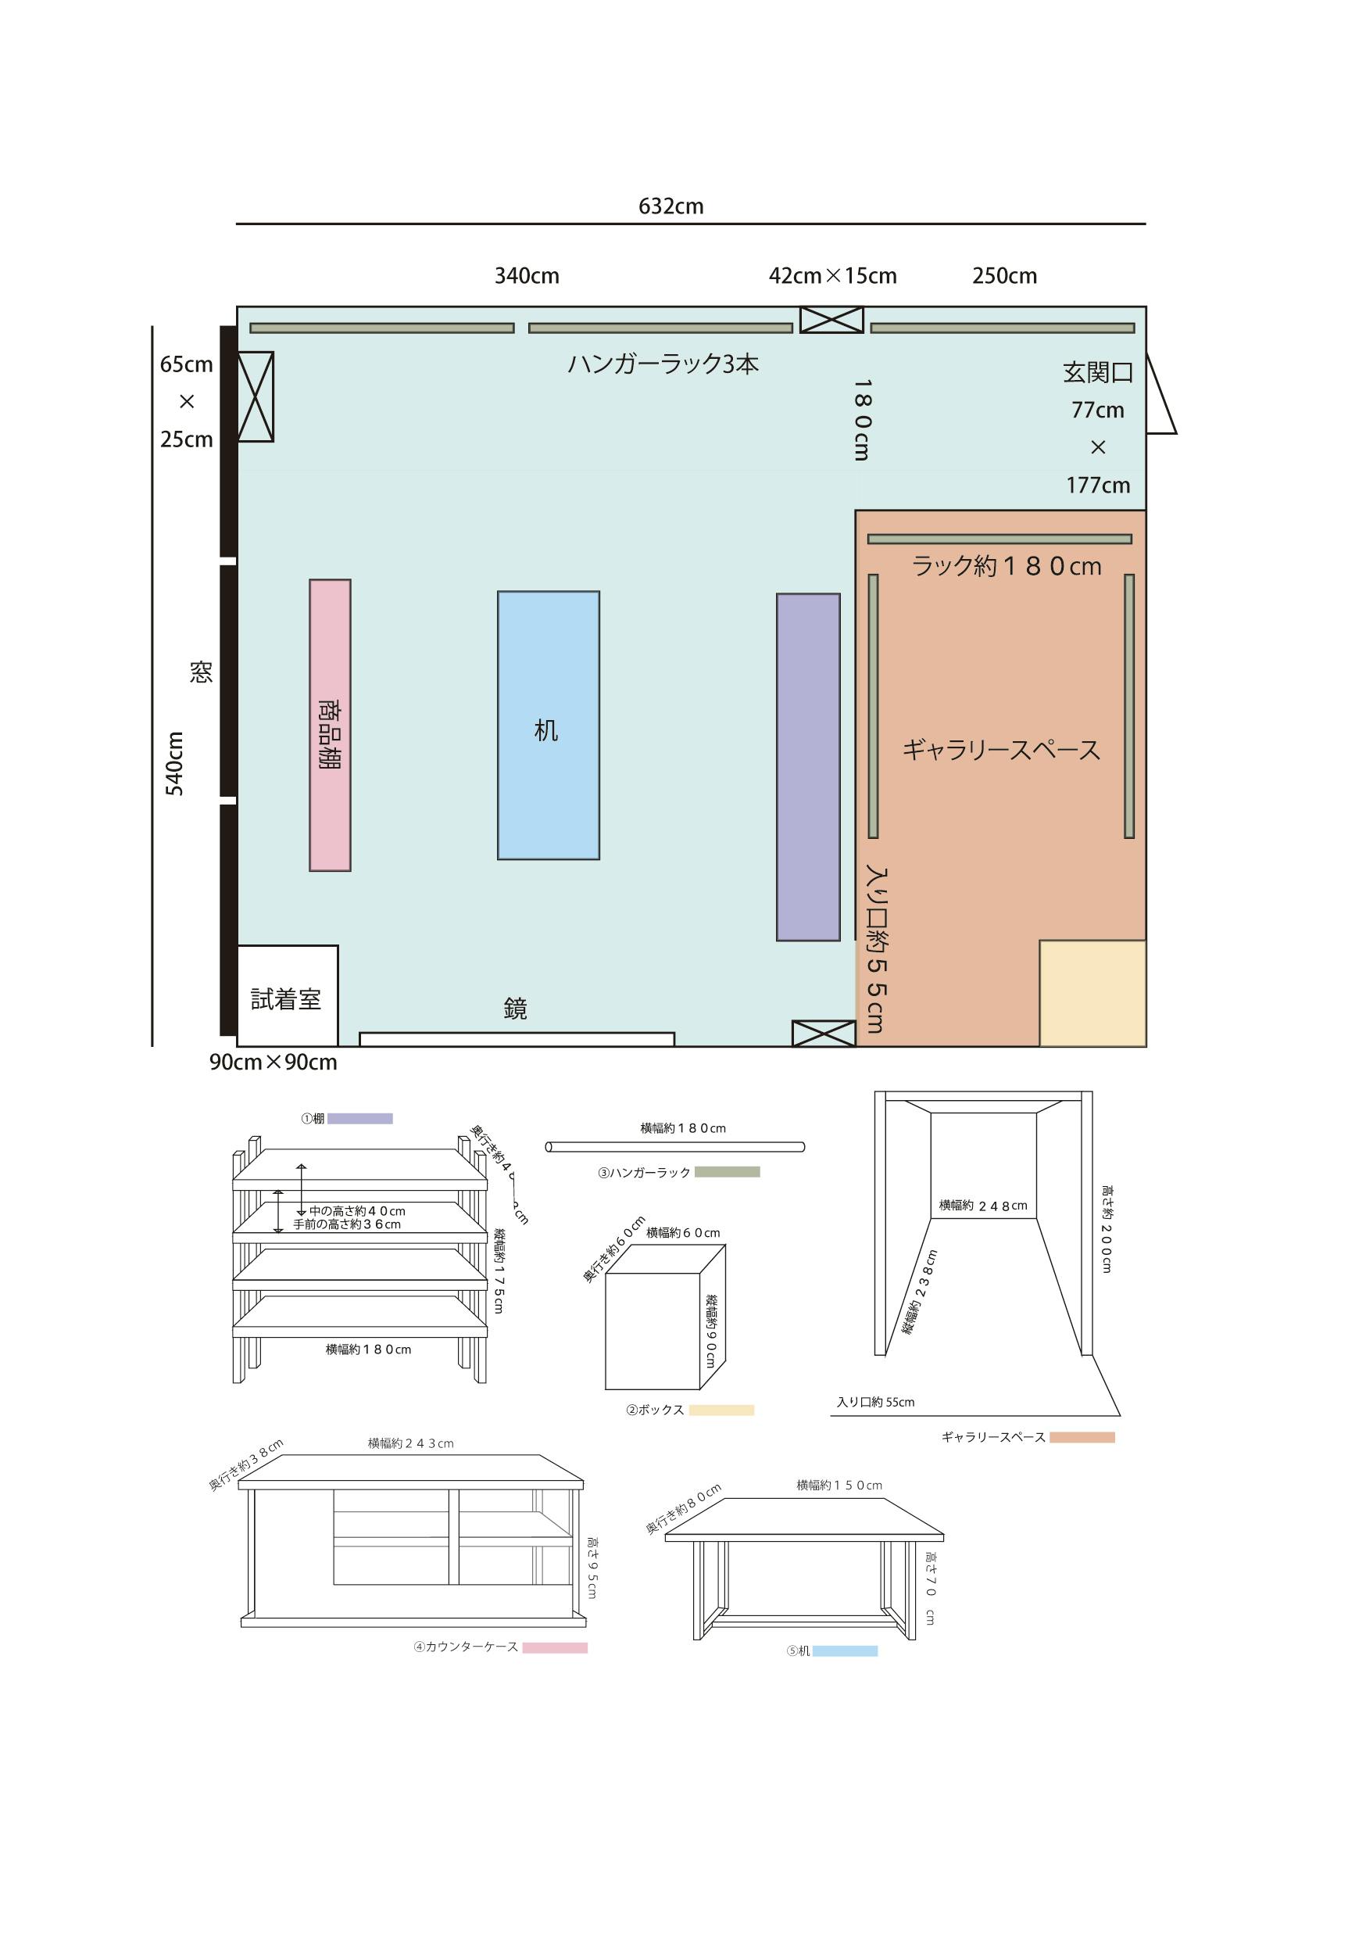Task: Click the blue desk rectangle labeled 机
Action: (548, 726)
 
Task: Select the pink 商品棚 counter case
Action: (329, 725)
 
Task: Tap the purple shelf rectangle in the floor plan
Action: (808, 767)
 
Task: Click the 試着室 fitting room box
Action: (287, 995)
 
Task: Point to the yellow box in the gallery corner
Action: (1092, 993)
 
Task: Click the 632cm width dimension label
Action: (671, 206)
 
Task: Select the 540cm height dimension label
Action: (174, 763)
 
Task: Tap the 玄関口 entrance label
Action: (1097, 372)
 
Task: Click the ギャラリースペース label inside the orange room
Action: (1001, 750)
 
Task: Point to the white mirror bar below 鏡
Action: (517, 1040)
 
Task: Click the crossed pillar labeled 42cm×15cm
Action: (831, 320)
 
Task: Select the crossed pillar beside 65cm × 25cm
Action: (255, 396)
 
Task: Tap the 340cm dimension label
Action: (527, 275)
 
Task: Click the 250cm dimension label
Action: (1005, 275)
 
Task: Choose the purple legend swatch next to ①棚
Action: (359, 1119)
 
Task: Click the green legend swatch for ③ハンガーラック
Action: (727, 1172)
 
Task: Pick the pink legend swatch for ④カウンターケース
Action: (555, 1647)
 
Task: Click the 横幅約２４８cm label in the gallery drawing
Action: (984, 1205)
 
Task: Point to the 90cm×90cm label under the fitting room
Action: (274, 1063)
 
